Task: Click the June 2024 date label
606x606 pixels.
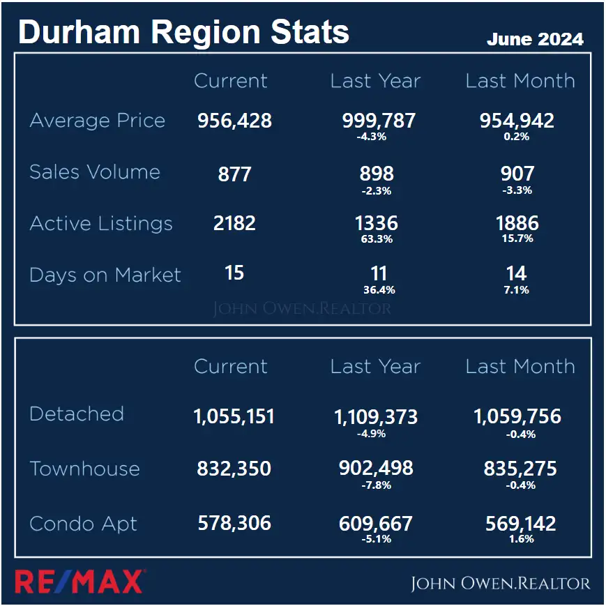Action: (535, 39)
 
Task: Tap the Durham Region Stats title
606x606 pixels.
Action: (183, 32)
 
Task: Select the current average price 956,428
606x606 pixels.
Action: (234, 121)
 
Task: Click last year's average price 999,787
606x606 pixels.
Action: (379, 121)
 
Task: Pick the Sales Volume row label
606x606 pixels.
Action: (95, 172)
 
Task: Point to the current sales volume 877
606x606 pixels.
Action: (234, 174)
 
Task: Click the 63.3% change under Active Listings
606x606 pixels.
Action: (377, 239)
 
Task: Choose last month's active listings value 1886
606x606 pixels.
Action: (517, 224)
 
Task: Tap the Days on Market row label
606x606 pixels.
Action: (105, 275)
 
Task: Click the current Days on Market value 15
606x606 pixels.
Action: (234, 273)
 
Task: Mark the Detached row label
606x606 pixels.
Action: (77, 414)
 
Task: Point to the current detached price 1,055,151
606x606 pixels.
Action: (234, 417)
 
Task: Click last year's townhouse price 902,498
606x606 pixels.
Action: (376, 469)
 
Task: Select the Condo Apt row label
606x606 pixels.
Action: (84, 524)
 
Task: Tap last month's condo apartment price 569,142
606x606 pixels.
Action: (520, 523)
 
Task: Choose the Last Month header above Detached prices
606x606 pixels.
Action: (520, 367)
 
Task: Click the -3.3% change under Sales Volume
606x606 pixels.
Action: (517, 190)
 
